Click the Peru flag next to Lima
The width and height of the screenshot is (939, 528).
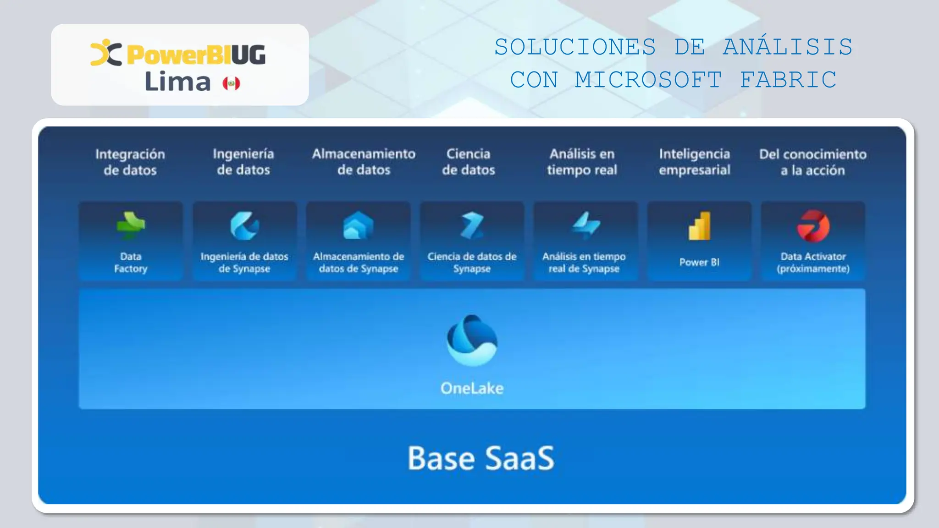coord(231,83)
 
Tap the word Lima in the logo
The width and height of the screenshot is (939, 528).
coord(177,82)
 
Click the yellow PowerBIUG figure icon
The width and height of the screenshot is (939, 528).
coord(106,53)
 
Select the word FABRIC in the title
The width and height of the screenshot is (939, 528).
coord(788,80)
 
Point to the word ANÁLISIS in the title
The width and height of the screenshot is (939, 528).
coord(788,47)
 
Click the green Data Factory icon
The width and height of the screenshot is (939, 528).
coord(131,225)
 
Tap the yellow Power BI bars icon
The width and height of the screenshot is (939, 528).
coord(699,226)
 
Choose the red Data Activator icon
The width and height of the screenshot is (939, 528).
coord(813,226)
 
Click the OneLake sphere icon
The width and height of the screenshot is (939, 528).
coord(472,340)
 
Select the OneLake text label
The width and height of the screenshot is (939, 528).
coord(472,388)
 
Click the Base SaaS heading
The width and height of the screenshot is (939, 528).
coord(481,458)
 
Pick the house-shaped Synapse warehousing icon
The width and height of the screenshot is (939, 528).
coord(358,225)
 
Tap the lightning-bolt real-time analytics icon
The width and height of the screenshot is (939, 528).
coord(585,225)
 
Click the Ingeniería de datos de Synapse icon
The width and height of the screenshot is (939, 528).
coord(244,225)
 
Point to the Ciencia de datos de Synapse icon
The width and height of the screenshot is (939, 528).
coord(472,225)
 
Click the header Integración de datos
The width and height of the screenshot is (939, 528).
coord(130,162)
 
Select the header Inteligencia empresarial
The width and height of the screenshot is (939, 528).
coord(695,162)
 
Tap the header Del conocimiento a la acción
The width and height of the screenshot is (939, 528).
coord(812,162)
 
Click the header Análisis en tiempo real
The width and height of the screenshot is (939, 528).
coord(582,162)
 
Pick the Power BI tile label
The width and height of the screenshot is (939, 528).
coord(699,262)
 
